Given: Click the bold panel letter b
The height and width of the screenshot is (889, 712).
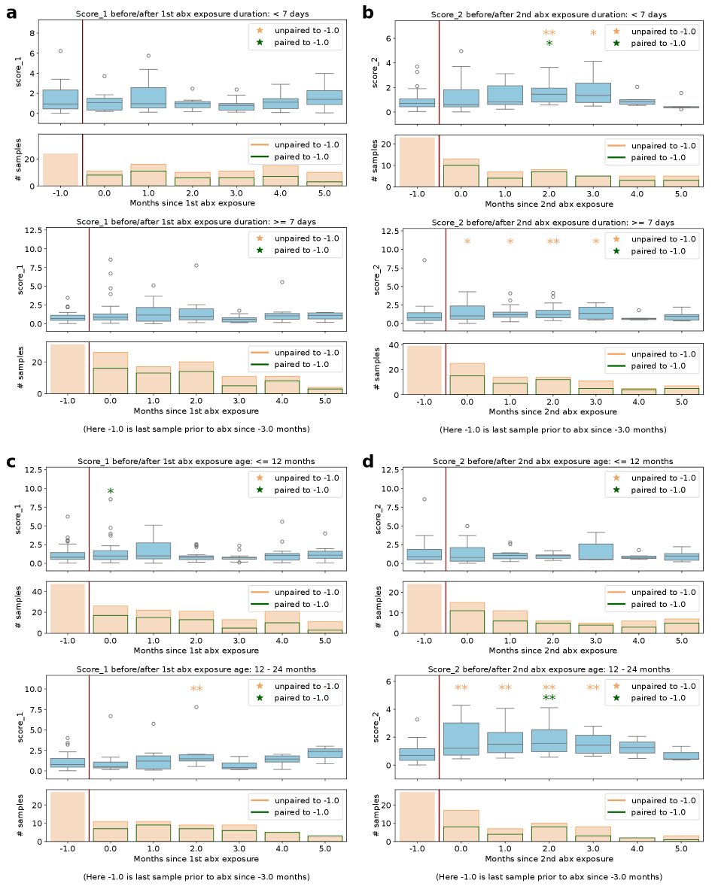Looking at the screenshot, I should tap(368, 13).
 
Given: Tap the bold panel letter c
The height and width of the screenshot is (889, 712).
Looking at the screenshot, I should tap(11, 461).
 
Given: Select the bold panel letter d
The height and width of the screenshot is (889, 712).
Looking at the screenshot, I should tap(368, 461).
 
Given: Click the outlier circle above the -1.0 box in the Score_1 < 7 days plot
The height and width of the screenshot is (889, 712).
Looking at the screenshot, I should tap(60, 50).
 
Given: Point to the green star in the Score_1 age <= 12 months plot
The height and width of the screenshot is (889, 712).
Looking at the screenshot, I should tap(111, 492).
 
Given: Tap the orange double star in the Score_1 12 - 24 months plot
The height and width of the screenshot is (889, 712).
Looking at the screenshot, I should tap(196, 689).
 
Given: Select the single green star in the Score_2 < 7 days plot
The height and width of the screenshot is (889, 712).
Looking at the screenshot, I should tap(549, 44).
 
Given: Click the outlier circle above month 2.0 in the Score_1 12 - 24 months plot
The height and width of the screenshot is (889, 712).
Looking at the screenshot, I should tap(196, 707).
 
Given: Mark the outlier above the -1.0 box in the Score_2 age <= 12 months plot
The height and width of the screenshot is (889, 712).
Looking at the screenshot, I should tap(424, 499).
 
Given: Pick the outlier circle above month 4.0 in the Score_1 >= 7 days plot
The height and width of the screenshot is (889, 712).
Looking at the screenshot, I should tap(282, 282).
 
